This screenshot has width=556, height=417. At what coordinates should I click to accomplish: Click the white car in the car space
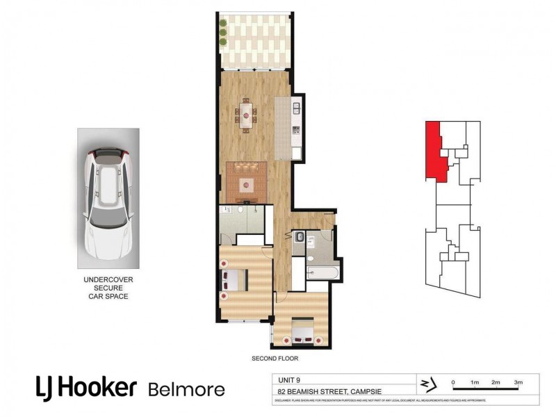click(107, 202)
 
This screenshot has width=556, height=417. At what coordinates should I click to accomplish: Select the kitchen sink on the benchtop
click(295, 108)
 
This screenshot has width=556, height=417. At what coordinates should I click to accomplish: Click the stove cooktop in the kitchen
click(295, 129)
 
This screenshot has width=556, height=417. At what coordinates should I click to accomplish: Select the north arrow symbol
click(425, 384)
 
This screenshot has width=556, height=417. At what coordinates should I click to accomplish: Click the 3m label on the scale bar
click(518, 382)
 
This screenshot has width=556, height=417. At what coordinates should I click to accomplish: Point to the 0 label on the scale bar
click(453, 382)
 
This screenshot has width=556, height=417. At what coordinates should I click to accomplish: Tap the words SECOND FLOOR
click(275, 359)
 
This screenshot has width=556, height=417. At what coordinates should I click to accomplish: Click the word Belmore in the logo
click(186, 389)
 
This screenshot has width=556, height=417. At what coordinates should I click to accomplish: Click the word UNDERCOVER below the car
click(108, 279)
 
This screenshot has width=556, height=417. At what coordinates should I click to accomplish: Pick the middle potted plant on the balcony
click(223, 32)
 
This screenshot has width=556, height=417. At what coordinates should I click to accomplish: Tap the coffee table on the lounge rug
click(245, 184)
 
